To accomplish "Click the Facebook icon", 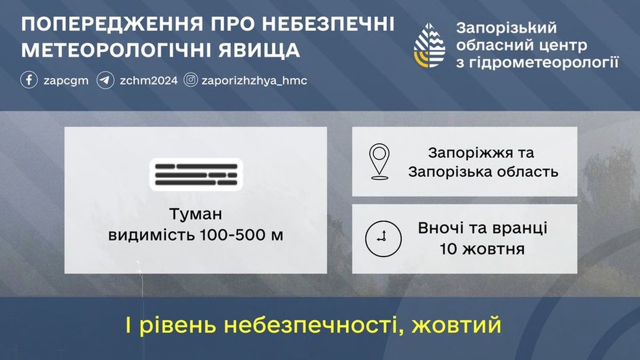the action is click(29, 80).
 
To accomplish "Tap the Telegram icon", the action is click(106, 80).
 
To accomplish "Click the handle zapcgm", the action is click(66, 81).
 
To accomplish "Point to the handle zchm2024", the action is click(149, 81).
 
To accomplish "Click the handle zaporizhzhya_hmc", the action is click(254, 81).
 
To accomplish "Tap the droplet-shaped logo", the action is click(429, 45).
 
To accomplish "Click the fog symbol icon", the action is click(196, 174).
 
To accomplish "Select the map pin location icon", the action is click(379, 162).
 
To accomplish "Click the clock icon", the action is click(383, 238).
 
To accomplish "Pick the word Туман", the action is click(196, 214).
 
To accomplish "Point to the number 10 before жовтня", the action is click(448, 249).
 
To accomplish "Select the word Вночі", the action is click(441, 228).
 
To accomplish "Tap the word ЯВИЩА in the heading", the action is click(259, 51).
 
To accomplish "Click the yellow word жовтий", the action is click(457, 325).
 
